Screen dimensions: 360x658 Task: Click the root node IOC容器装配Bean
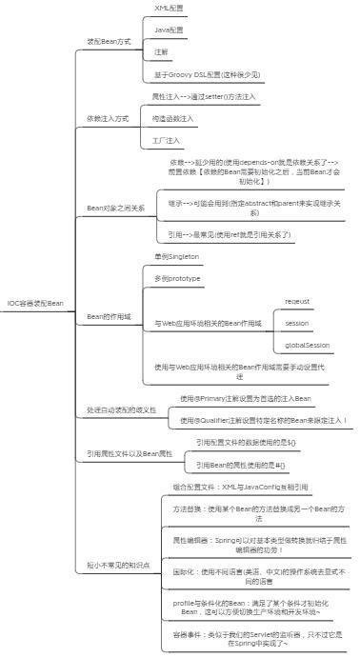click(x=35, y=303)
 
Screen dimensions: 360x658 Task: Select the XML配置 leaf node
click(x=170, y=8)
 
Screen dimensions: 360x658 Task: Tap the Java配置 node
click(x=170, y=30)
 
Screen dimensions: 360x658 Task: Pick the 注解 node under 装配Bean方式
click(x=161, y=51)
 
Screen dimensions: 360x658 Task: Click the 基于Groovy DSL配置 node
click(x=207, y=74)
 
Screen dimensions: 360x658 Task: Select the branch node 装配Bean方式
click(x=109, y=42)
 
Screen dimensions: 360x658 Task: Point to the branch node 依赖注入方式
click(x=108, y=119)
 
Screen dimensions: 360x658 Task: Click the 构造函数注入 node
click(x=172, y=118)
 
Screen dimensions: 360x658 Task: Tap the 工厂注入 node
click(x=167, y=141)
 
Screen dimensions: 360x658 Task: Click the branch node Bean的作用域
click(x=109, y=315)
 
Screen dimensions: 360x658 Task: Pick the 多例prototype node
click(x=177, y=278)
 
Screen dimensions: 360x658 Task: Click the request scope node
click(x=297, y=301)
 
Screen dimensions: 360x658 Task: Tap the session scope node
click(x=296, y=323)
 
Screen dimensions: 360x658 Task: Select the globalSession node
click(x=307, y=345)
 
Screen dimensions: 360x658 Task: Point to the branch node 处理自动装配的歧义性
click(x=119, y=409)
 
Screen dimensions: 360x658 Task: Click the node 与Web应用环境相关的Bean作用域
click(x=208, y=324)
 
